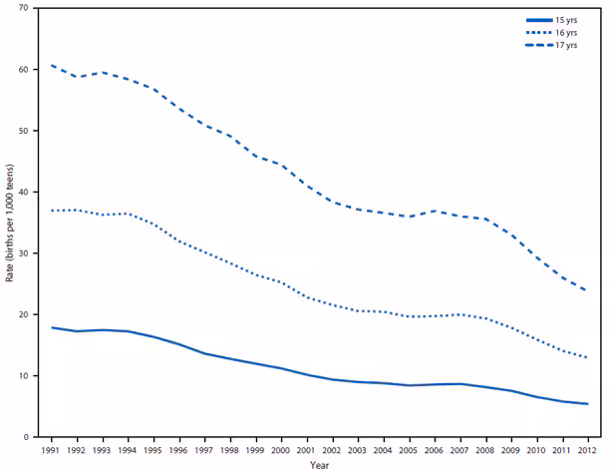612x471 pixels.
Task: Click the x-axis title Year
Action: [318, 464]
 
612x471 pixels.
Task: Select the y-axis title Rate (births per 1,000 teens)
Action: [9, 222]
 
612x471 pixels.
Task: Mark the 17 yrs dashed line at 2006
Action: [433, 211]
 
